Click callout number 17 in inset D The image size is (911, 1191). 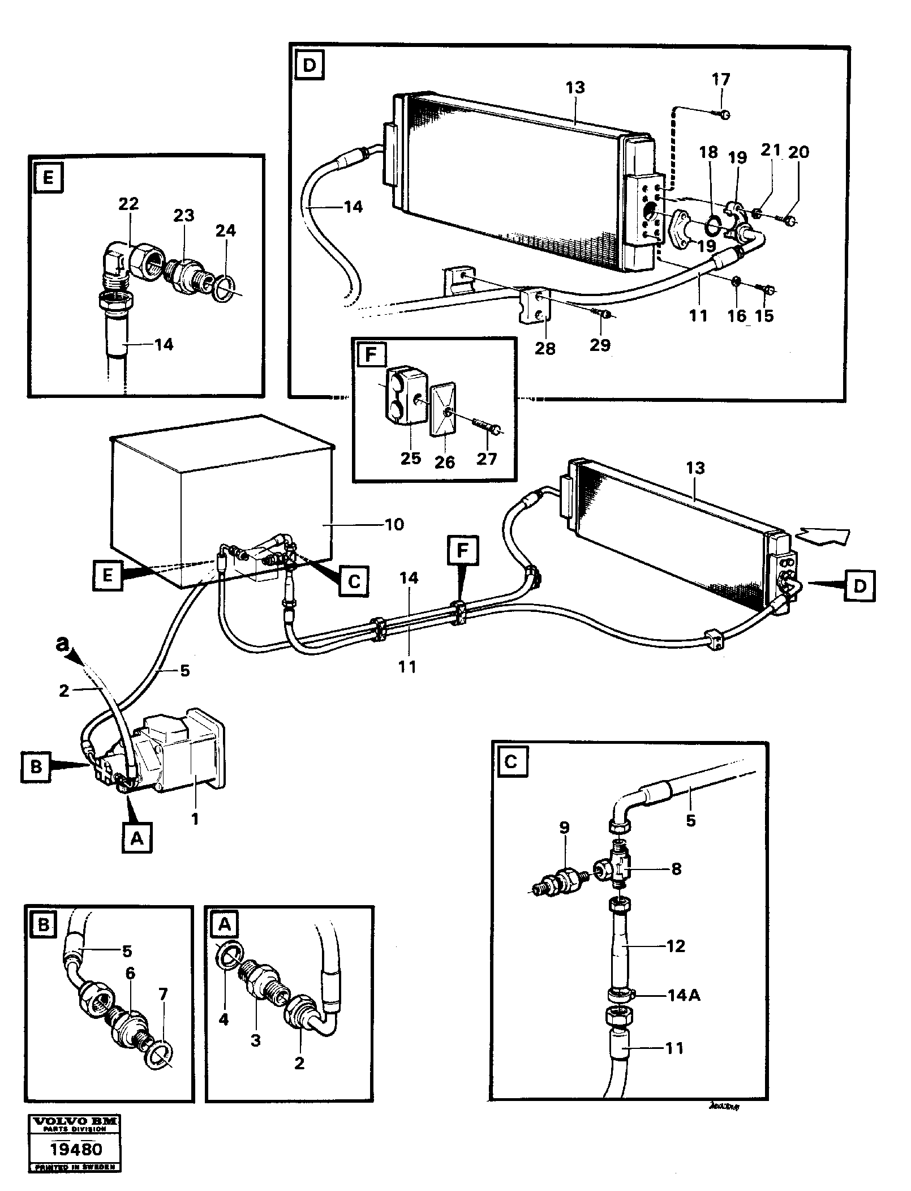coord(721,80)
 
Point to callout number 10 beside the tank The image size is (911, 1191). coord(394,524)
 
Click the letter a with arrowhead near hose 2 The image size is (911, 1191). coord(64,644)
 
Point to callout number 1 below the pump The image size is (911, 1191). coord(195,819)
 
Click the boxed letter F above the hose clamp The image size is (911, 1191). coord(462,550)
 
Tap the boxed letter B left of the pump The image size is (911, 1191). coord(36,768)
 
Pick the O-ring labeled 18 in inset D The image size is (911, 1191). coord(715,225)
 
